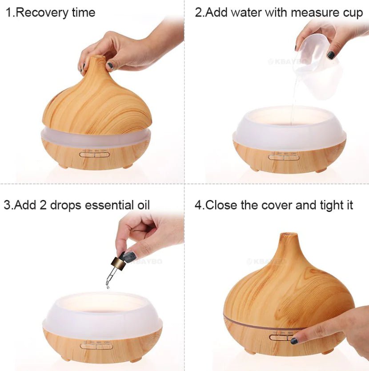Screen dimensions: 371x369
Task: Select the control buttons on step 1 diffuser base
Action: [94, 154]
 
